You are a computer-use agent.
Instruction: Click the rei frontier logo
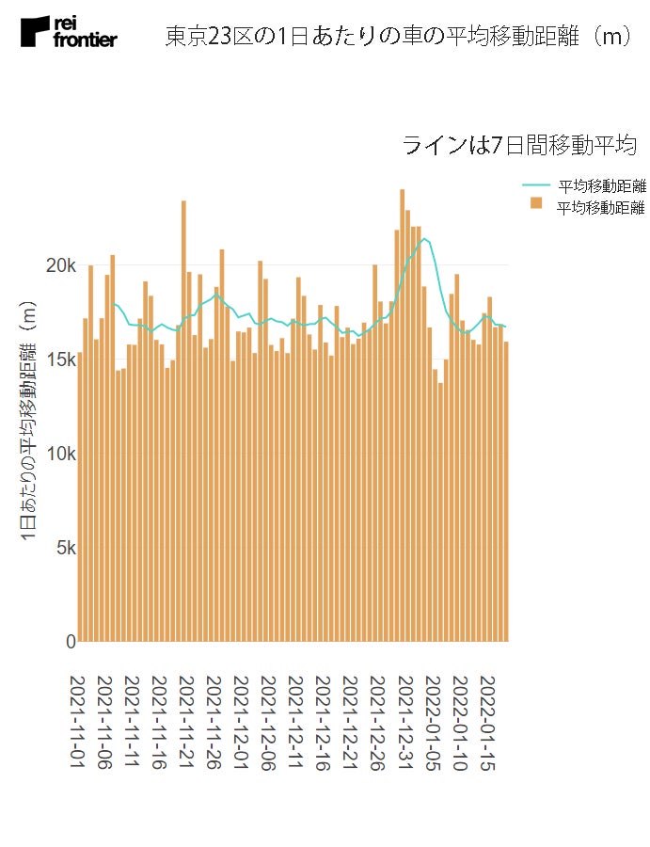pyautogui.click(x=69, y=32)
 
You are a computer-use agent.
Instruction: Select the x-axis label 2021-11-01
pyautogui.click(x=79, y=723)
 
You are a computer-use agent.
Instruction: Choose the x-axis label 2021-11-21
pyautogui.click(x=185, y=723)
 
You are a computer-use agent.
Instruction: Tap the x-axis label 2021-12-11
pyautogui.click(x=294, y=723)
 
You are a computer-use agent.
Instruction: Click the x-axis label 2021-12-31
pyautogui.click(x=403, y=723)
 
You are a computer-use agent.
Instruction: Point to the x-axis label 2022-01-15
pyautogui.click(x=486, y=723)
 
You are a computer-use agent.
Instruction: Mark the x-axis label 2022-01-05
pyautogui.click(x=431, y=723)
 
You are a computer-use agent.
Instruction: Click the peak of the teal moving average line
pyautogui.click(x=425, y=239)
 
